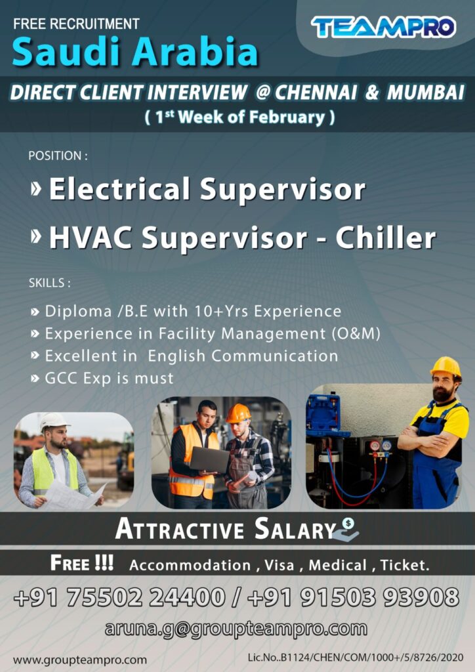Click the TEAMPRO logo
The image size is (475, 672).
pos(383,27)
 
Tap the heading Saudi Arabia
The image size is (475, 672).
pos(134,53)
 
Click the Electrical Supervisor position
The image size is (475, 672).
pos(207,190)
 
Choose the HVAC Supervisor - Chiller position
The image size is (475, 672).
pos(242,238)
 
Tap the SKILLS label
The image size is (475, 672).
pos(49,283)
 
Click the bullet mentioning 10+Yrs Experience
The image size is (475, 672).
pos(193,311)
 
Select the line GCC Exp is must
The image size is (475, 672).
pos(109,378)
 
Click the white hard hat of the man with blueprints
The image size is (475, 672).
pos(53,421)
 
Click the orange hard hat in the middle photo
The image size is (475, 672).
pos(237,413)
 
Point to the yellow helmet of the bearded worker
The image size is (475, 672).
pos(445,367)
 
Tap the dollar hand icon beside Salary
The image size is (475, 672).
pos(346,529)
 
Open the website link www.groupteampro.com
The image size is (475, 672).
pos(79,660)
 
